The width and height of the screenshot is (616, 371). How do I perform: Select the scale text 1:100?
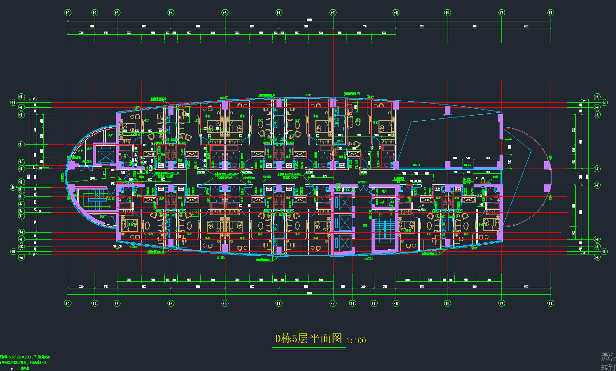pos(356,340)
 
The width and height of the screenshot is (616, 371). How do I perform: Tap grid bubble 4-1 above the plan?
pos(68,13)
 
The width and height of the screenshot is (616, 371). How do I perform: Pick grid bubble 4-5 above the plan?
pos(225,13)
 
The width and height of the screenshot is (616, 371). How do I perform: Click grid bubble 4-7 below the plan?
pos(333,303)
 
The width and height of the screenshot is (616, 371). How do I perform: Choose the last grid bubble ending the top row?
pos(551,13)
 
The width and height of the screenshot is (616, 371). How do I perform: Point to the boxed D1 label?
pos(195,213)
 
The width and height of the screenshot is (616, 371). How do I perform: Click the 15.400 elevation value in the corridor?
pos(267,177)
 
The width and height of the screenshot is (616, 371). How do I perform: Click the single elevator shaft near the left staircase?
pos(105,155)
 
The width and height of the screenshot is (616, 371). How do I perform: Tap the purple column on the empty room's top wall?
pos(448,111)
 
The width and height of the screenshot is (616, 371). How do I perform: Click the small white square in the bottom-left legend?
pos(12,368)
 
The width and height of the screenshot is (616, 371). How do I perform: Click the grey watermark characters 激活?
pos(608,357)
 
